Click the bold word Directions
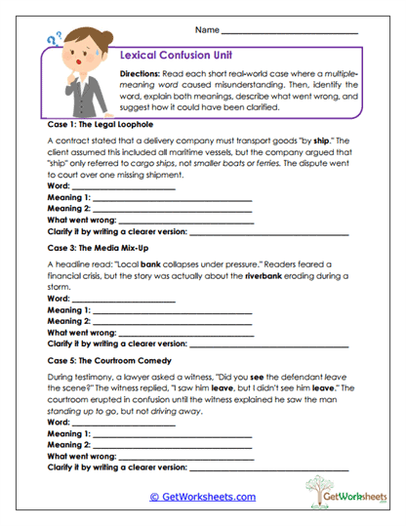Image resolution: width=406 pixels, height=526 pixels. coord(140,74)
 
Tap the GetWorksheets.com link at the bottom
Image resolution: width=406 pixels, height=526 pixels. coord(203,497)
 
